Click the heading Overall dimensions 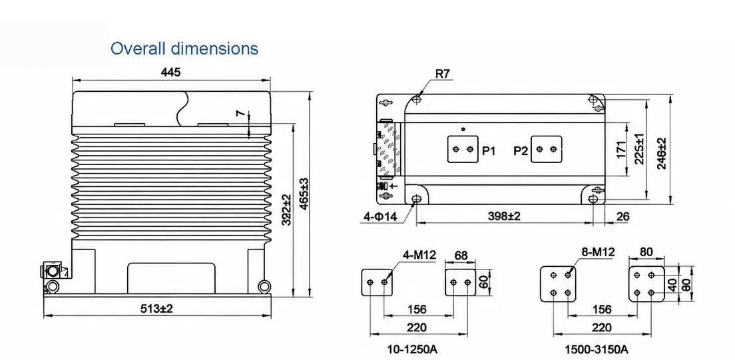click(184, 49)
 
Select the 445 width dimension click(170, 72)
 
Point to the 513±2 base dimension click(157, 309)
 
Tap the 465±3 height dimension click(304, 194)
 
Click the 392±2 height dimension click(287, 210)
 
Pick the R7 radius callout click(443, 74)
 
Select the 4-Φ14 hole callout click(380, 216)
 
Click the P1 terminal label click(489, 150)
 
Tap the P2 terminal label click(521, 150)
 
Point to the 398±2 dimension click(504, 216)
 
